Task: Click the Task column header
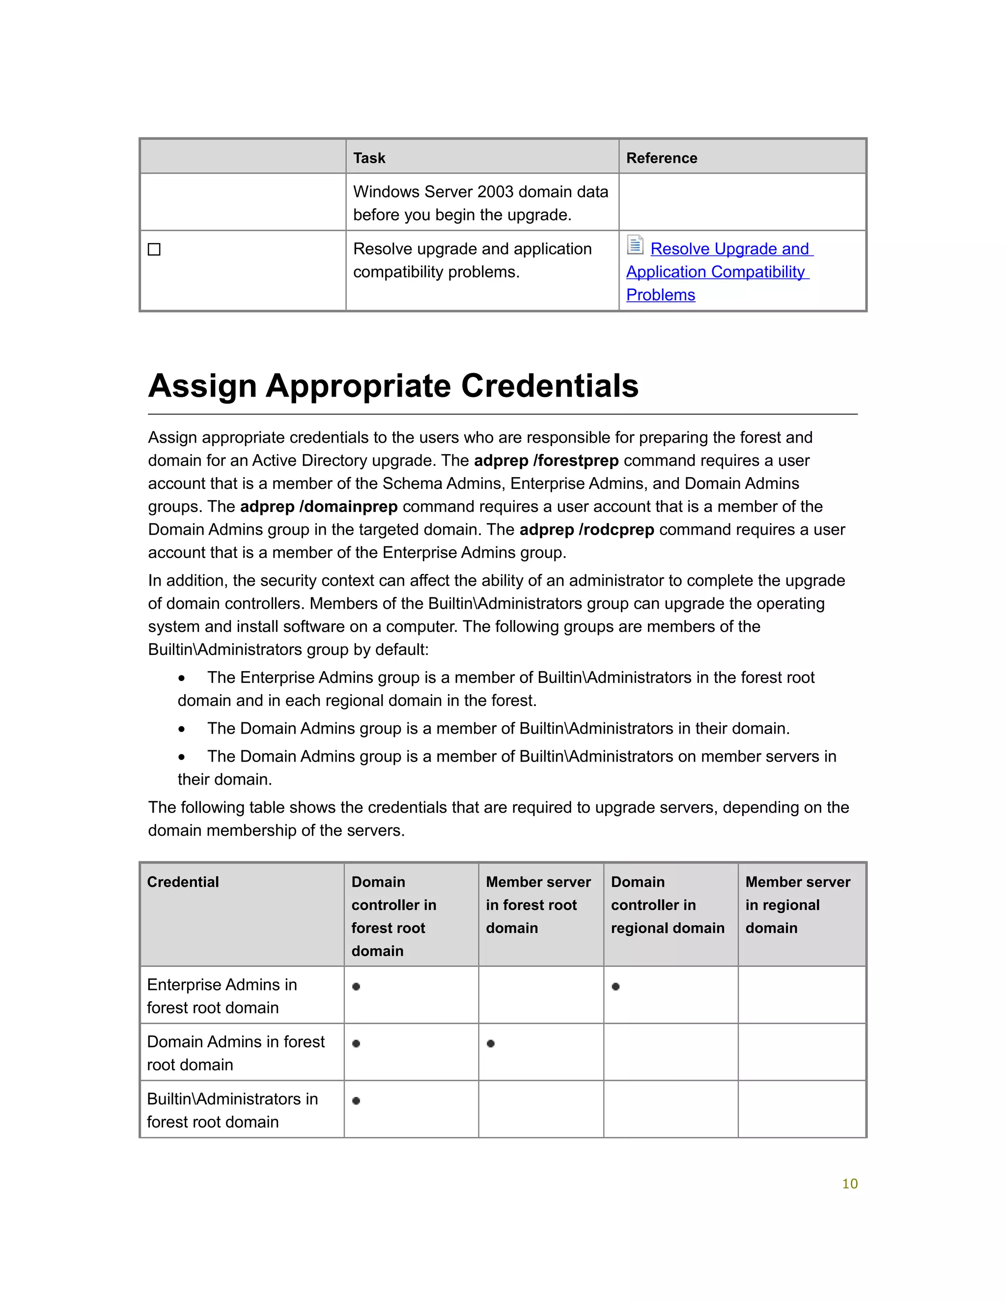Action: click(369, 158)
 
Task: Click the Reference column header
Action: click(661, 158)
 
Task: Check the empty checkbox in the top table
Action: click(154, 249)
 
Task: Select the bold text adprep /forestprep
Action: click(545, 461)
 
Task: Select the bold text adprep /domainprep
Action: click(318, 507)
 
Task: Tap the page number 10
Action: click(849, 1184)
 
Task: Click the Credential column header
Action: click(183, 882)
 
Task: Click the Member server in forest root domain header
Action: click(538, 905)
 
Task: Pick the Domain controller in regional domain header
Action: click(668, 905)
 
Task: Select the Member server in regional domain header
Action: click(797, 905)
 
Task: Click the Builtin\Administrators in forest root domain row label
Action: click(232, 1110)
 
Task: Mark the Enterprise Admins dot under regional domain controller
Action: click(615, 987)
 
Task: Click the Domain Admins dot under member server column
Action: click(491, 1043)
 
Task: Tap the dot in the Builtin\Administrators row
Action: click(356, 1101)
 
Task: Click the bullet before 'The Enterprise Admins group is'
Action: click(181, 679)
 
